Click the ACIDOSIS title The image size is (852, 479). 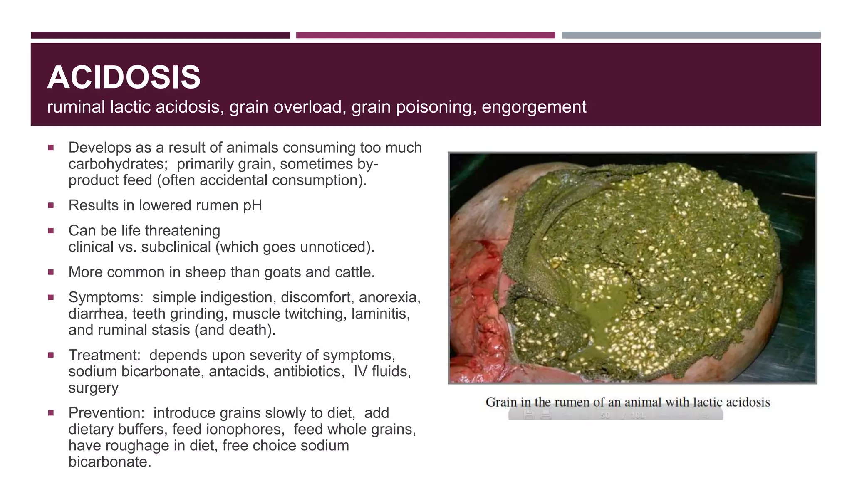tap(124, 77)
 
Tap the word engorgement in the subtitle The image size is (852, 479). tap(534, 107)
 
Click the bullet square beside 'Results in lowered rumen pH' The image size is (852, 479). tap(51, 205)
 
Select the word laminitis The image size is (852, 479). tap(380, 314)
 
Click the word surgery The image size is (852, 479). tap(93, 388)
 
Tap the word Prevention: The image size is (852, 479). tap(106, 413)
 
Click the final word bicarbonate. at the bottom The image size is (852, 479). tap(109, 462)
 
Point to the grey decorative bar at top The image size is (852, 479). tap(691, 35)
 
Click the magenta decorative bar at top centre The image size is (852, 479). tap(425, 35)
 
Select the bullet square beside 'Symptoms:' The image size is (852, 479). tap(51, 297)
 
